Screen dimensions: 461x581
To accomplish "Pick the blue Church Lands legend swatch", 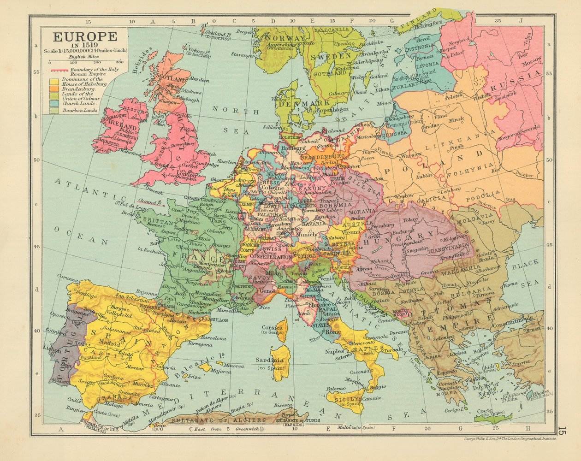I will click(x=54, y=104).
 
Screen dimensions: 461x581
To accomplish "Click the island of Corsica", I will click(x=280, y=328).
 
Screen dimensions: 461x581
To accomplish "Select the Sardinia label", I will click(x=270, y=360).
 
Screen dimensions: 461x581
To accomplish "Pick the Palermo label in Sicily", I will click(x=336, y=389).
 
